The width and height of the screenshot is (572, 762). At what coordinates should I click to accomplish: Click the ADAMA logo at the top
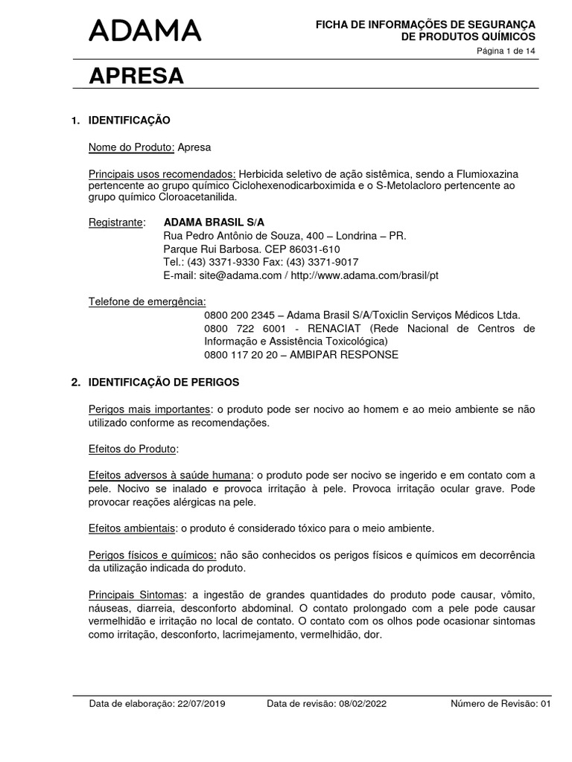pos(145,31)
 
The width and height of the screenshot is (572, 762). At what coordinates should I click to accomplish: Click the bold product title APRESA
pos(136,75)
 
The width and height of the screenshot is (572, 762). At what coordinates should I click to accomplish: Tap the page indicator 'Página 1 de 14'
pos(506,51)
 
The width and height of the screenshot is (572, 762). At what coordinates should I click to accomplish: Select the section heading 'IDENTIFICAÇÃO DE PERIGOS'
pos(164,382)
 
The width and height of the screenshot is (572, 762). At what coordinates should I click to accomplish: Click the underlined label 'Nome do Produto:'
pos(131,147)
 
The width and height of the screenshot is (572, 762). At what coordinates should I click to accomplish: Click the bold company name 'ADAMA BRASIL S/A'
pos(214,222)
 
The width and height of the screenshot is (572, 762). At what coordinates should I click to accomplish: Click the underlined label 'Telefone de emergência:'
pos(147,301)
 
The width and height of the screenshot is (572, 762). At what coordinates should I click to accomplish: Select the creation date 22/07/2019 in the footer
pos(199,703)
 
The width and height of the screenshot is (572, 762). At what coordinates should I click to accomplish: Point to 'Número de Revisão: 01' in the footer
pos(500,703)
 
